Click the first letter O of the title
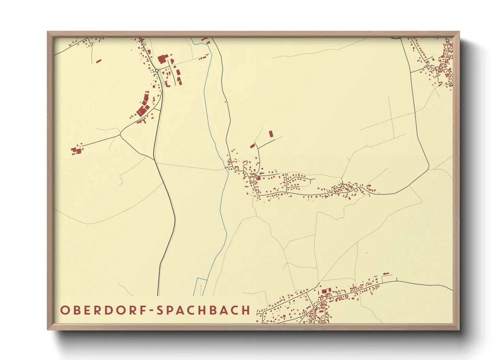click(x=64, y=310)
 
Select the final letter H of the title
click(x=246, y=310)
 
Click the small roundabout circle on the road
click(x=157, y=70)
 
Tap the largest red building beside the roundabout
click(x=161, y=60)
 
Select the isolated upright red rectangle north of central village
click(x=271, y=134)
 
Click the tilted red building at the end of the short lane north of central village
click(x=252, y=146)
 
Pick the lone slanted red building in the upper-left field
click(x=99, y=61)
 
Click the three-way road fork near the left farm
click(x=120, y=135)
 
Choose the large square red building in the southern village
click(x=324, y=291)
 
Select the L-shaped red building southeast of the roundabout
click(x=167, y=83)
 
